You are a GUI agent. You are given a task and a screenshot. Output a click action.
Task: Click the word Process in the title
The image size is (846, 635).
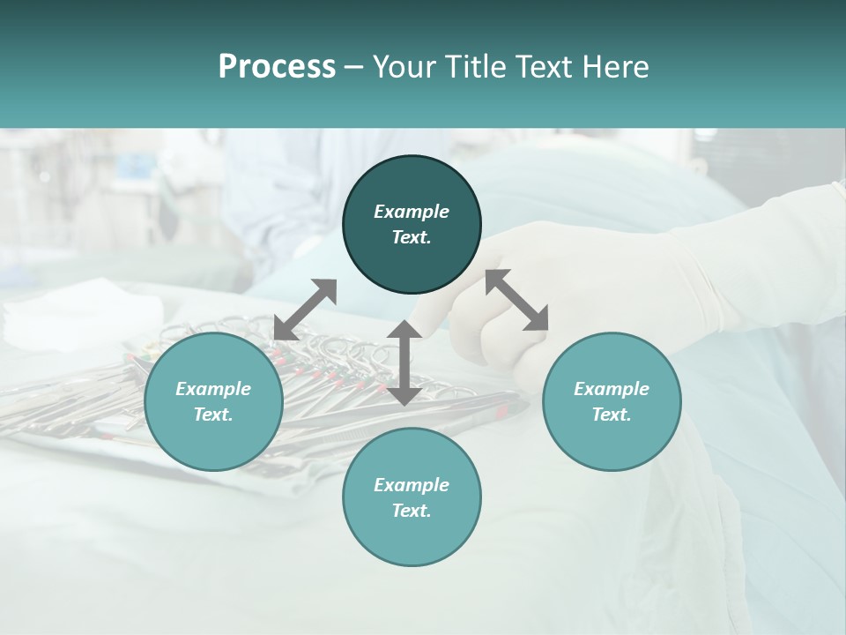click(x=277, y=67)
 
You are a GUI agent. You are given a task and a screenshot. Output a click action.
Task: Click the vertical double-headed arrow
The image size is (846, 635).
click(x=404, y=362)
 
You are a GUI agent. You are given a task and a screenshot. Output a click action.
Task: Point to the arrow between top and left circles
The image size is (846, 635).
click(x=305, y=309)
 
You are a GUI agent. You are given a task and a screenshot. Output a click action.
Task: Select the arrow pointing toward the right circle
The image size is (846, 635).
click(x=517, y=301)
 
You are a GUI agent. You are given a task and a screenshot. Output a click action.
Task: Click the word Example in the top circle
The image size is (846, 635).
click(x=412, y=212)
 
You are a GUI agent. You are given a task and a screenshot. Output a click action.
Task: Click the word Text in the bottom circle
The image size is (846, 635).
click(x=411, y=511)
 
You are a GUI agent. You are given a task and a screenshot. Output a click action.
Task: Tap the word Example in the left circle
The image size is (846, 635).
click(x=213, y=389)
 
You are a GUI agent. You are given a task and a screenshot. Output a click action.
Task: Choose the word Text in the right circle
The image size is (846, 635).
click(x=611, y=415)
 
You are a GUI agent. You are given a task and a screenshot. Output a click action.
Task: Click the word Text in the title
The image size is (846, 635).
click(x=545, y=67)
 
